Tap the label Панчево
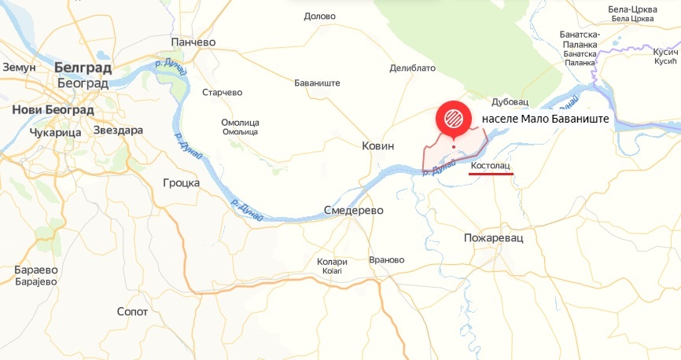[x=193, y=42]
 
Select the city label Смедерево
[x=353, y=211]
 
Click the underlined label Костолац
[x=491, y=166]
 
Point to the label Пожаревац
[x=493, y=237]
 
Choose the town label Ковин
[x=377, y=145]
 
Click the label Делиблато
[x=412, y=68]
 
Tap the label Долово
[x=319, y=16]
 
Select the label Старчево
[x=223, y=92]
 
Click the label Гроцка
[x=180, y=182]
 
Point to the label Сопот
[x=132, y=311]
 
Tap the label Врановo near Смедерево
[x=386, y=259]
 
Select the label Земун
[x=20, y=67]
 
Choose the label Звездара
[x=118, y=130]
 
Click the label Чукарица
[x=55, y=133]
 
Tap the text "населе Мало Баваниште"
[x=547, y=120]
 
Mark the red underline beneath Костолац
[x=491, y=174]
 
